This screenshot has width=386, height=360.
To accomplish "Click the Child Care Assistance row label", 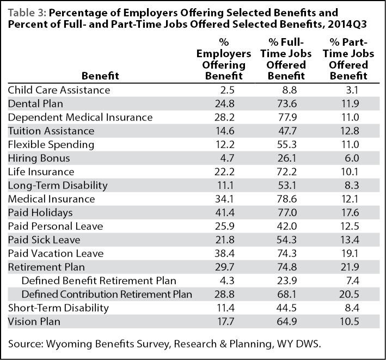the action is [x=59, y=90].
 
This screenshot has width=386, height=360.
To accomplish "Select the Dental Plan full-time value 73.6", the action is [x=286, y=103].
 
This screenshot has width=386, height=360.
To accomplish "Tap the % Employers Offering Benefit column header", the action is [x=224, y=59].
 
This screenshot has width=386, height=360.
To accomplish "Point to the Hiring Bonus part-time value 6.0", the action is [x=352, y=158].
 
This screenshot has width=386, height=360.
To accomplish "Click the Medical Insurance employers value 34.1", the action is [x=224, y=199].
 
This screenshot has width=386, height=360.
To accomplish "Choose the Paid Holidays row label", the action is [x=40, y=213].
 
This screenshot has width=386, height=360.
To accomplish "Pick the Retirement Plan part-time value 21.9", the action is [x=350, y=267].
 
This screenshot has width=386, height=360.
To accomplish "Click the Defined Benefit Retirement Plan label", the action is [x=99, y=280].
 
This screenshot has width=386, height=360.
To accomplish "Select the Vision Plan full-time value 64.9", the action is [x=286, y=321].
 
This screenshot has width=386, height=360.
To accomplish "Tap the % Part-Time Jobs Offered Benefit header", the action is [x=348, y=59].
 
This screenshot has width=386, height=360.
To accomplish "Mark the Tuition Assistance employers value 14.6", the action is [x=224, y=131].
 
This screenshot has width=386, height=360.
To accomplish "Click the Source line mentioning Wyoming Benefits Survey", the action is [x=164, y=344].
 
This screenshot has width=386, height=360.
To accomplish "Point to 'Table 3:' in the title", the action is [x=27, y=13].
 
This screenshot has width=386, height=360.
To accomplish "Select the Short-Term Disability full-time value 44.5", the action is [x=286, y=308].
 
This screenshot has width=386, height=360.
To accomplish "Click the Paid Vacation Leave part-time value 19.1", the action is [x=350, y=254].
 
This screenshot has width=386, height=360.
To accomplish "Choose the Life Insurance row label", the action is [x=41, y=172].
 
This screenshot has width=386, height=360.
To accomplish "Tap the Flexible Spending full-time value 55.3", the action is [x=286, y=144].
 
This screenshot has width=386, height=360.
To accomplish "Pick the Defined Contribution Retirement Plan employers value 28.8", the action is [x=224, y=295].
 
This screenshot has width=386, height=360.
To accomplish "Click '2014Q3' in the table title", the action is [x=347, y=25].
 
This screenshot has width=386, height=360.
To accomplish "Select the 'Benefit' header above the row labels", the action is [x=100, y=76].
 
